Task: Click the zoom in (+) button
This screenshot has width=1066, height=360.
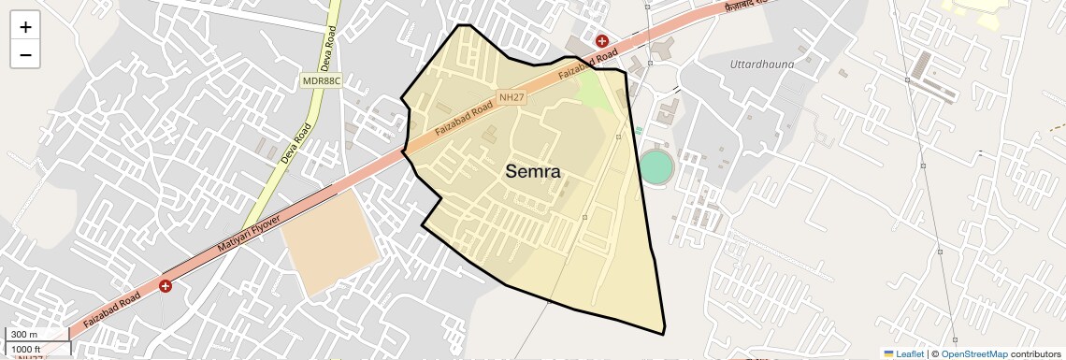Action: tap(25, 27)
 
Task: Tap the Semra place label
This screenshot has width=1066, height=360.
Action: tap(533, 171)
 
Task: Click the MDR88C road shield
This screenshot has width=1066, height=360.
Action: tap(323, 81)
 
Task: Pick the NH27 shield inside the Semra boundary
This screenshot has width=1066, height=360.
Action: tap(511, 96)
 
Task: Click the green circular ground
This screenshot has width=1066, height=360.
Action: tap(656, 167)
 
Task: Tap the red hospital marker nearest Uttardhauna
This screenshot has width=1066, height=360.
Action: tap(603, 41)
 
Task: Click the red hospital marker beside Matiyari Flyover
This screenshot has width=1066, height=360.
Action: tap(166, 285)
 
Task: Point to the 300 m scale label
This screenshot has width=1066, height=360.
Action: tap(24, 335)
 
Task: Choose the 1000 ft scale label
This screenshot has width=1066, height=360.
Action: tap(27, 349)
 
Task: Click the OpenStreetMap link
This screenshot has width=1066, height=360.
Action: tap(973, 353)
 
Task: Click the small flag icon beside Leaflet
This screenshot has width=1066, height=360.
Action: tap(889, 353)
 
